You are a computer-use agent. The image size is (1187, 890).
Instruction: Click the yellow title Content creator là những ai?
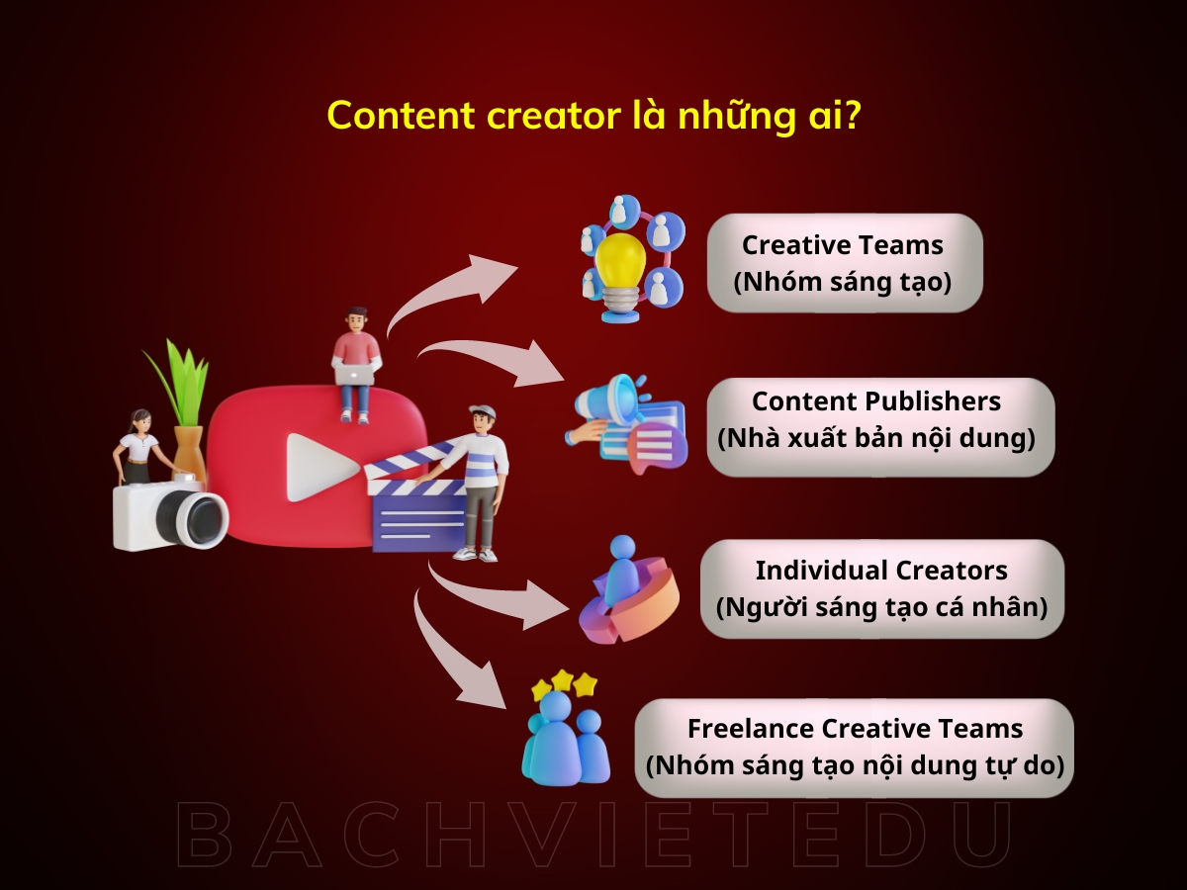coord(593,116)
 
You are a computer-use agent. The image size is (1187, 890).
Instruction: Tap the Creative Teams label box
coord(844,263)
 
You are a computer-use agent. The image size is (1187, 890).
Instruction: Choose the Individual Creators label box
coord(881,588)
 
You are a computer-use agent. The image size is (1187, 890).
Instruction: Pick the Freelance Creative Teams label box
coord(855,748)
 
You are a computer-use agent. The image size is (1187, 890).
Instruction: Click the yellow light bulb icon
coord(620,259)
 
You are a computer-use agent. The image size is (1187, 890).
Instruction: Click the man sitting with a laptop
coord(356,362)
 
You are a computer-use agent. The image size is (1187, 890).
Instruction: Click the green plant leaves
coord(179,381)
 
